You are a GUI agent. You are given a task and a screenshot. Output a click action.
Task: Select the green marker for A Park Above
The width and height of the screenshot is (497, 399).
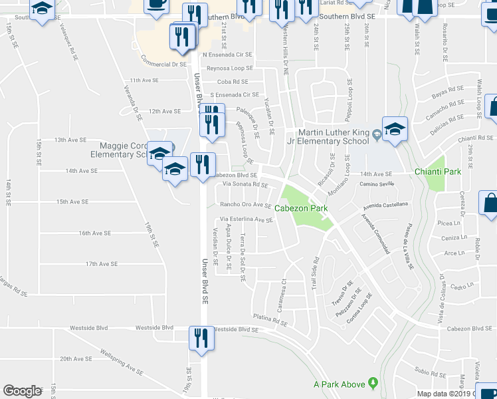click(373, 384)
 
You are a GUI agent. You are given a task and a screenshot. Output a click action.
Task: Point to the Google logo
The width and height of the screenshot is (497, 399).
click(22, 391)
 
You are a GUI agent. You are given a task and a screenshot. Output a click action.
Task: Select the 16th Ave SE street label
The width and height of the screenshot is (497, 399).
click(94, 233)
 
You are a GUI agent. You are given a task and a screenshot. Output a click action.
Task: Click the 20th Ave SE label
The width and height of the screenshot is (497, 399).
click(75, 359)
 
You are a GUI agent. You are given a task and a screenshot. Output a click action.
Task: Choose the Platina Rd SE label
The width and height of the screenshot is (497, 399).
click(269, 320)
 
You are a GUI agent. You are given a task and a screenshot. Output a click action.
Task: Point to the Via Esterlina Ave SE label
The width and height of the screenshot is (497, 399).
click(247, 219)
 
